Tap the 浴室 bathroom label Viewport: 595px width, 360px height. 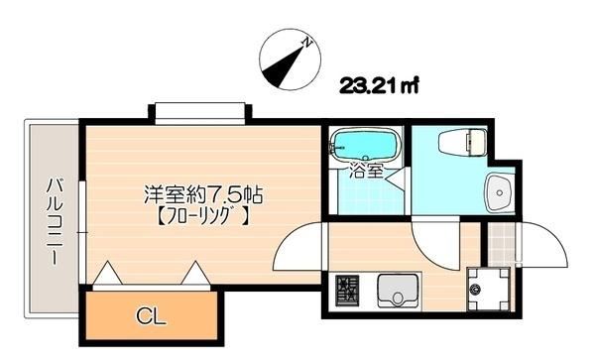coord(366,170)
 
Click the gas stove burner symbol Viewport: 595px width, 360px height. coord(348,290)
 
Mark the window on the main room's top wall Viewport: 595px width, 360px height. coord(199,111)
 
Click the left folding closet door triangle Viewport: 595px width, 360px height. coord(110,271)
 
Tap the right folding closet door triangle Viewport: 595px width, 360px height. coord(193,271)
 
